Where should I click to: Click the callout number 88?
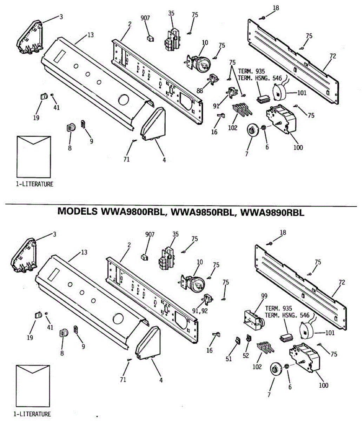[200, 91]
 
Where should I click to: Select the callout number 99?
[264, 296]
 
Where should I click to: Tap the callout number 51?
[229, 359]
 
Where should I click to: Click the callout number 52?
[246, 355]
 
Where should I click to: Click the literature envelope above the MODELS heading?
[34, 156]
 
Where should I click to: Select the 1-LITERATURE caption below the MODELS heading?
[32, 414]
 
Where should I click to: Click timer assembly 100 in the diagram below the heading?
[305, 358]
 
